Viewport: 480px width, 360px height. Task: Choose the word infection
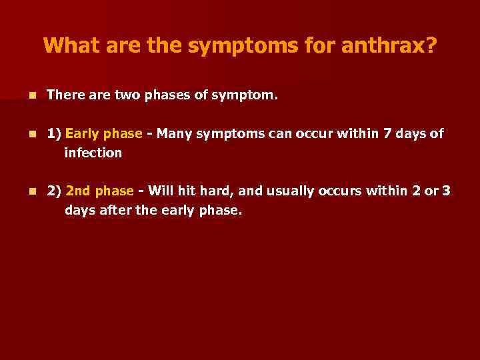93,153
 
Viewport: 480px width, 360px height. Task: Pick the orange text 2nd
79,191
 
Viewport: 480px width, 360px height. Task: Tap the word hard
217,191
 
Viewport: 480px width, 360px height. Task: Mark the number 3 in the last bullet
447,191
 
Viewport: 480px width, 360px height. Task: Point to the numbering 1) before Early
54,133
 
